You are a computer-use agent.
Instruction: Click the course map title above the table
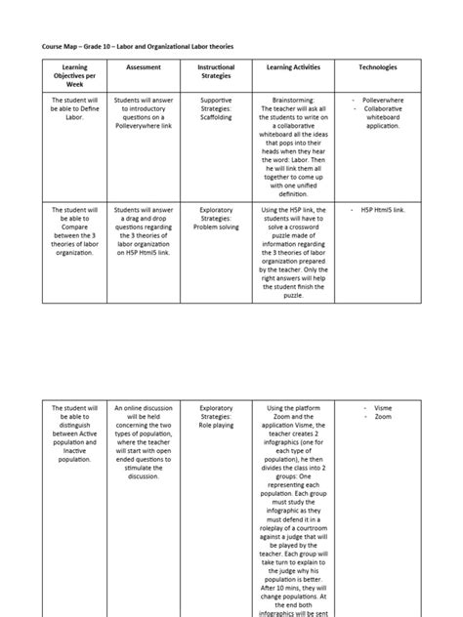coord(138,46)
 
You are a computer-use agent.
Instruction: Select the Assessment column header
coord(144,66)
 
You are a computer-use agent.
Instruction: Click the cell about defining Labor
coord(74,112)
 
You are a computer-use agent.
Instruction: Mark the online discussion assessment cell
coord(144,443)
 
